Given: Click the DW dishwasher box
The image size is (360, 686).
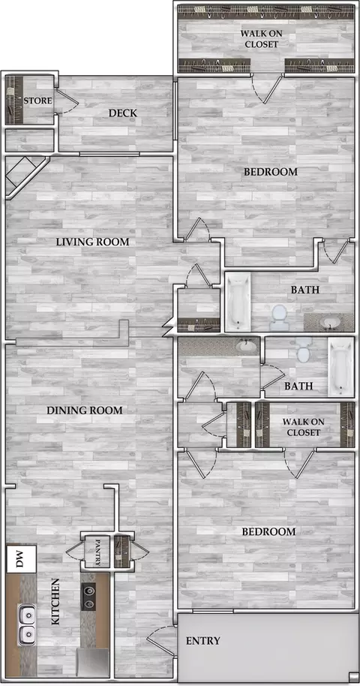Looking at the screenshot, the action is (21, 559).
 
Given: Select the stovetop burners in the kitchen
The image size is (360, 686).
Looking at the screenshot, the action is (88, 597).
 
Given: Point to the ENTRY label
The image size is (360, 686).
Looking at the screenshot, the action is (203, 641).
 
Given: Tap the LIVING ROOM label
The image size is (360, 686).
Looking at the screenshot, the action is (93, 242).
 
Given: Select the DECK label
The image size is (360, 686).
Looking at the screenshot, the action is (122, 113).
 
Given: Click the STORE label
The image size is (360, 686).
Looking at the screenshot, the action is (37, 101).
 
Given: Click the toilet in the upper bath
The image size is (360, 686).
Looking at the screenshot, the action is (279, 317).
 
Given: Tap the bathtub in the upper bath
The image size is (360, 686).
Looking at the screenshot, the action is (238, 302).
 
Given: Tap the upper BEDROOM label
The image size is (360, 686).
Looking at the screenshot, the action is (270, 172).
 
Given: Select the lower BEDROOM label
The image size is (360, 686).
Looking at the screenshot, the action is (269, 532).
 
